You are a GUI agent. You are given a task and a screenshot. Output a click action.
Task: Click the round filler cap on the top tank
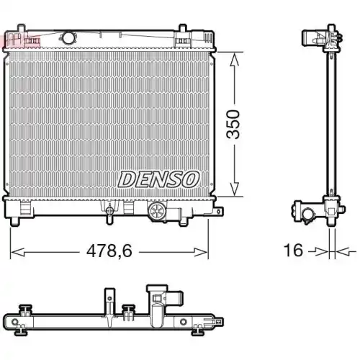point(69,37)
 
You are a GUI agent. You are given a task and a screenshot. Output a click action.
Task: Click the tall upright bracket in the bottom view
point(109,302)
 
